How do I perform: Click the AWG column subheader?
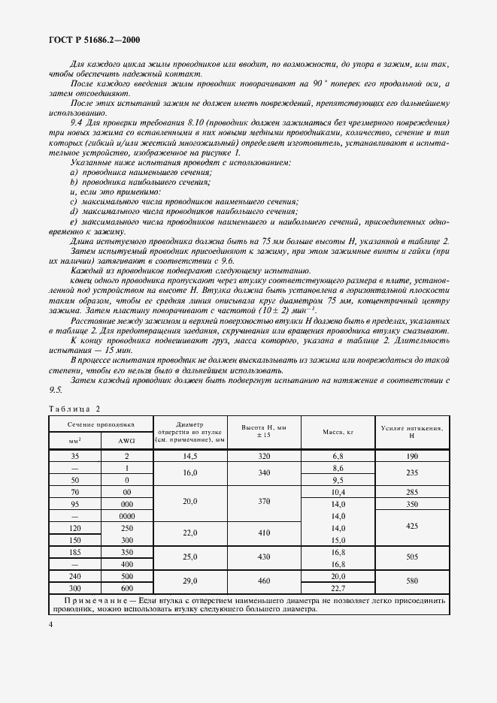pyautogui.click(x=126, y=440)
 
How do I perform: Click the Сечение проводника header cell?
pyautogui.click(x=101, y=424)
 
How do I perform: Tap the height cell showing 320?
pyautogui.click(x=264, y=456)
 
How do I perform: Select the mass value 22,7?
pyautogui.click(x=338, y=588)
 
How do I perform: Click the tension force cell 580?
pyautogui.click(x=411, y=582)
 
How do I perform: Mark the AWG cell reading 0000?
pyautogui.click(x=126, y=516)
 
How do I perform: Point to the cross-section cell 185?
pyautogui.click(x=75, y=551)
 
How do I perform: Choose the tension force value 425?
pyautogui.click(x=411, y=528)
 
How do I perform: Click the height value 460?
pyautogui.click(x=264, y=582)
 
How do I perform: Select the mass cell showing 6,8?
pyautogui.click(x=338, y=456)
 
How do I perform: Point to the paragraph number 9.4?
pyautogui.click(x=77, y=122)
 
